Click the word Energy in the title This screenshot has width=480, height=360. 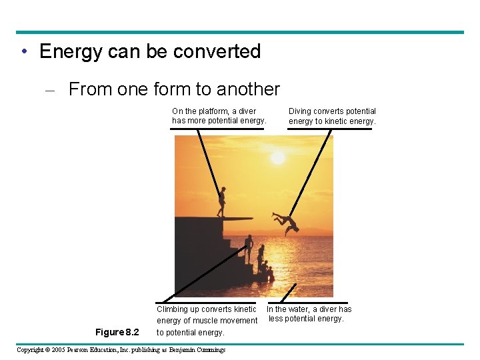click(x=71, y=52)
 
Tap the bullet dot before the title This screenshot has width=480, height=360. click(x=23, y=52)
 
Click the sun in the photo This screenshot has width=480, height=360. click(x=277, y=158)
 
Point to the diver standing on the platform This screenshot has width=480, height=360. click(x=221, y=201)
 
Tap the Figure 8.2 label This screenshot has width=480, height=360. click(x=117, y=332)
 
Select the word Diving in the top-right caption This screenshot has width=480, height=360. click(x=301, y=111)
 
